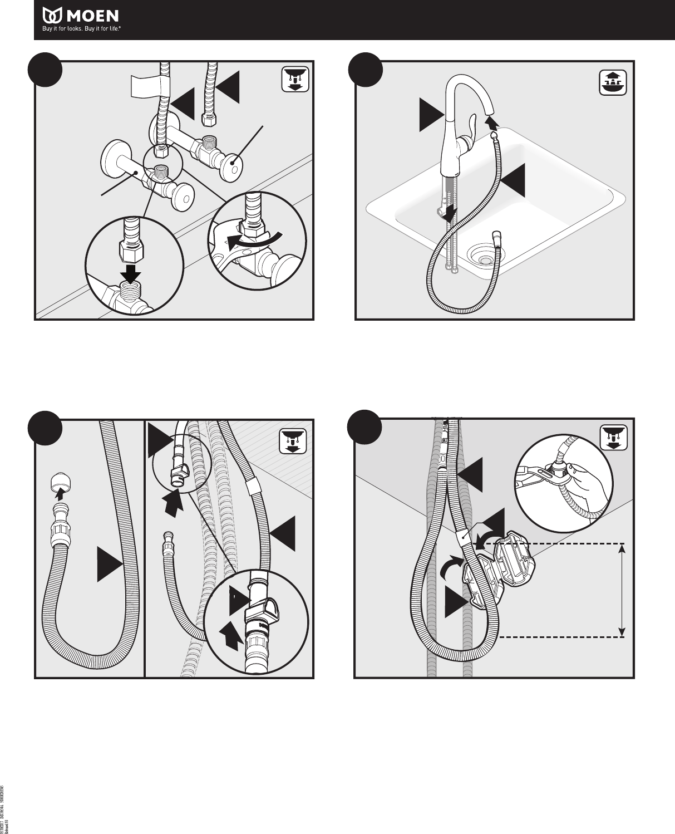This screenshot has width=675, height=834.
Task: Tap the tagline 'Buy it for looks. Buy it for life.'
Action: [x=82, y=30]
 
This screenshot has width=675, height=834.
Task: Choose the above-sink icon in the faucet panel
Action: [x=613, y=82]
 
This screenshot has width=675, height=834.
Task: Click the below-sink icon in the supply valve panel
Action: [x=292, y=79]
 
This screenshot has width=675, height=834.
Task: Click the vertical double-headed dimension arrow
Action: [x=622, y=590]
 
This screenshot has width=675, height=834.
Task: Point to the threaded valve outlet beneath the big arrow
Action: [x=132, y=293]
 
